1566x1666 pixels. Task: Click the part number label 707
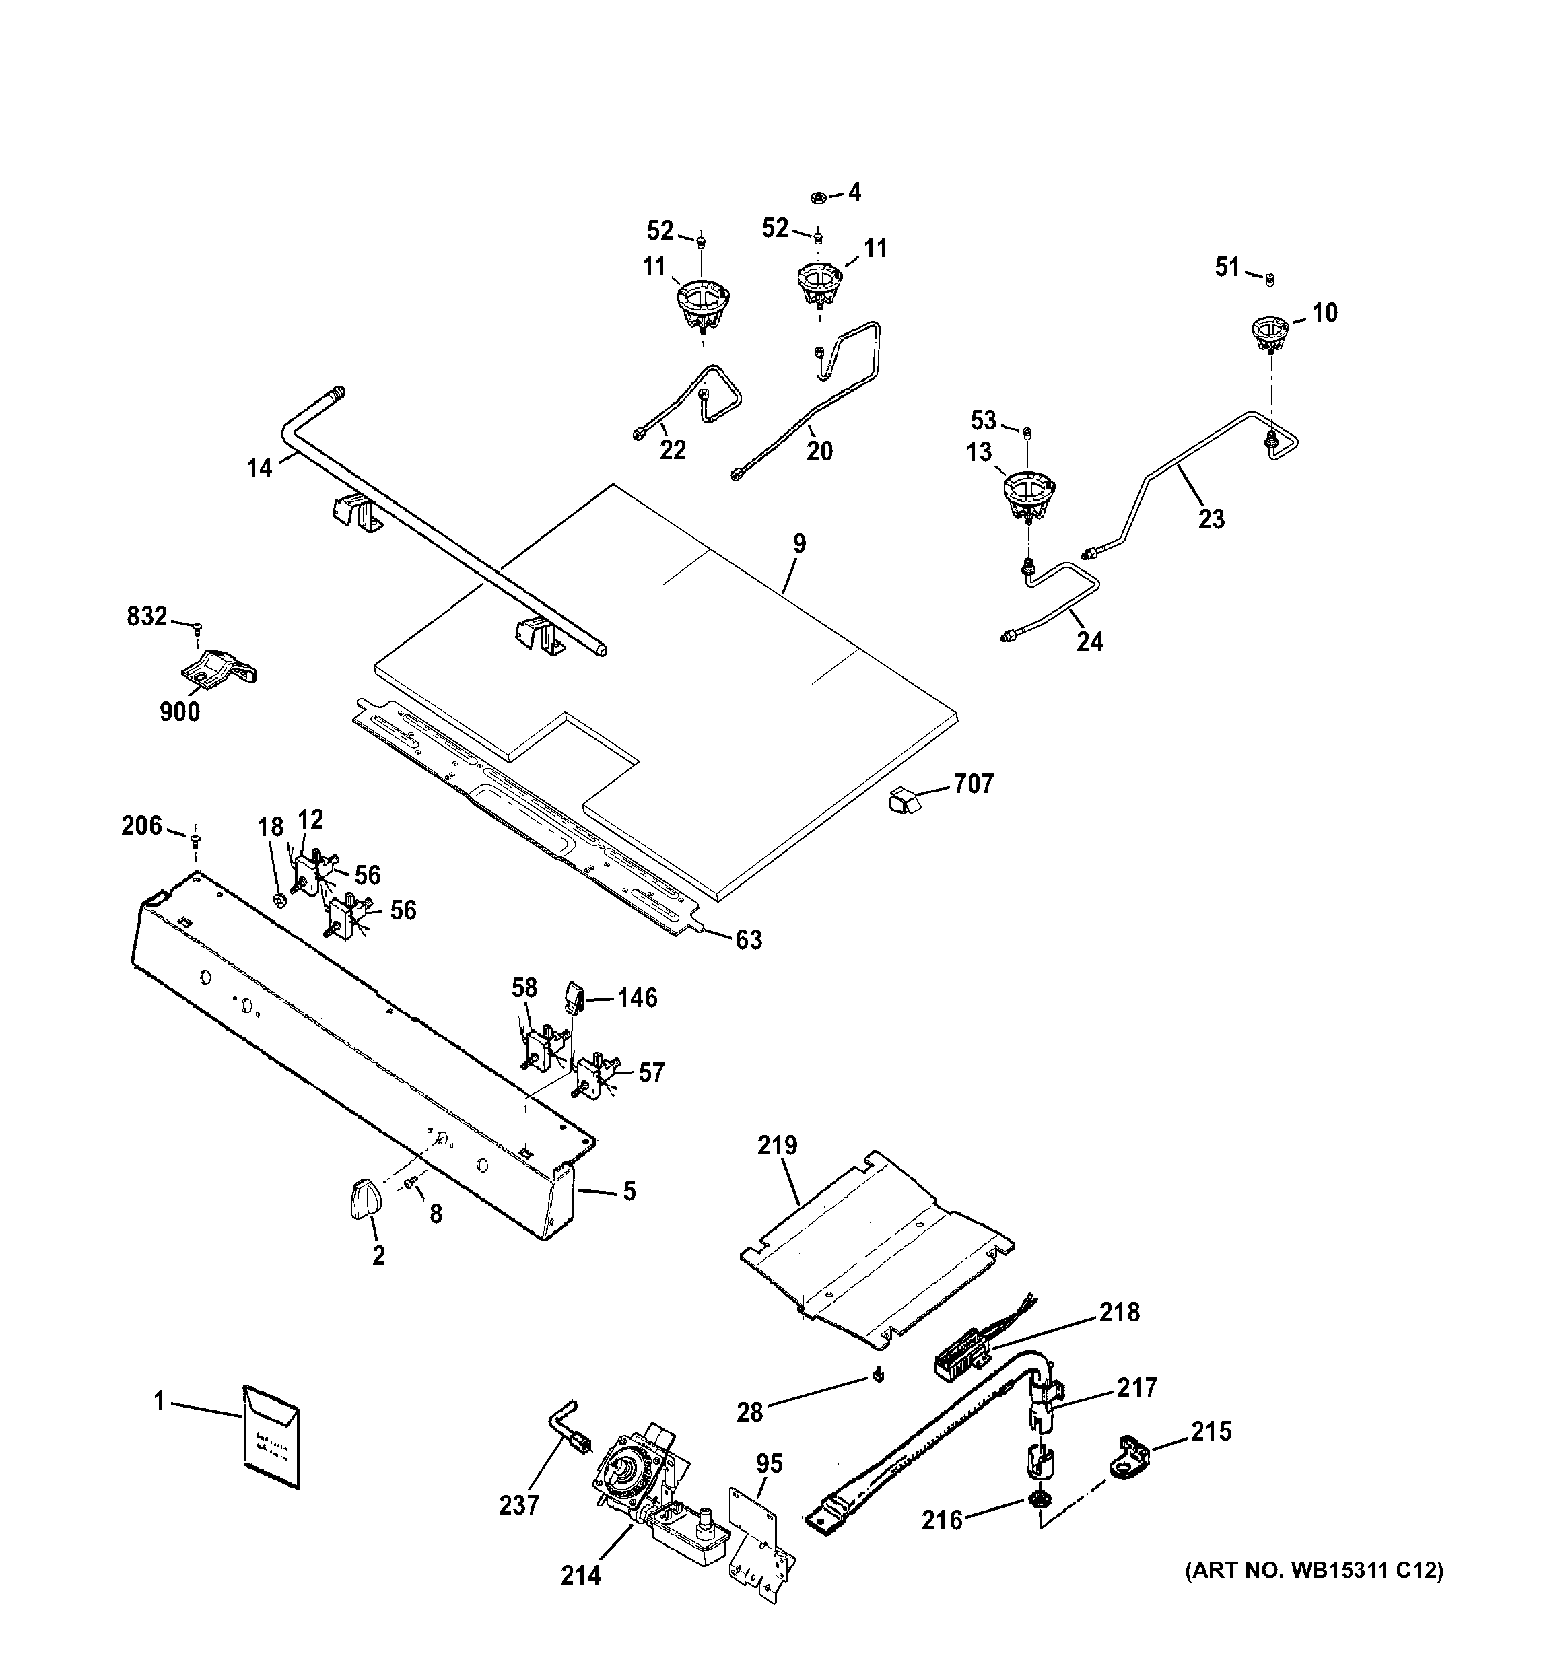click(x=974, y=784)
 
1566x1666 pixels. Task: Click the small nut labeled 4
click(x=818, y=198)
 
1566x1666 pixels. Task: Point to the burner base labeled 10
click(x=1269, y=332)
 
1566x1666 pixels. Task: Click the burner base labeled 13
click(x=1029, y=495)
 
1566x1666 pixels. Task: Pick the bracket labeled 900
click(x=218, y=667)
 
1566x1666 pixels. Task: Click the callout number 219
click(x=777, y=1146)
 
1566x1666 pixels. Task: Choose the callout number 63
click(x=749, y=940)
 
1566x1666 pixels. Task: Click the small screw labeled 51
click(x=1270, y=279)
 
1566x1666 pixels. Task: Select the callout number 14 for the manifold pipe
click(x=259, y=468)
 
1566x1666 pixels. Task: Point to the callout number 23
click(x=1211, y=520)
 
